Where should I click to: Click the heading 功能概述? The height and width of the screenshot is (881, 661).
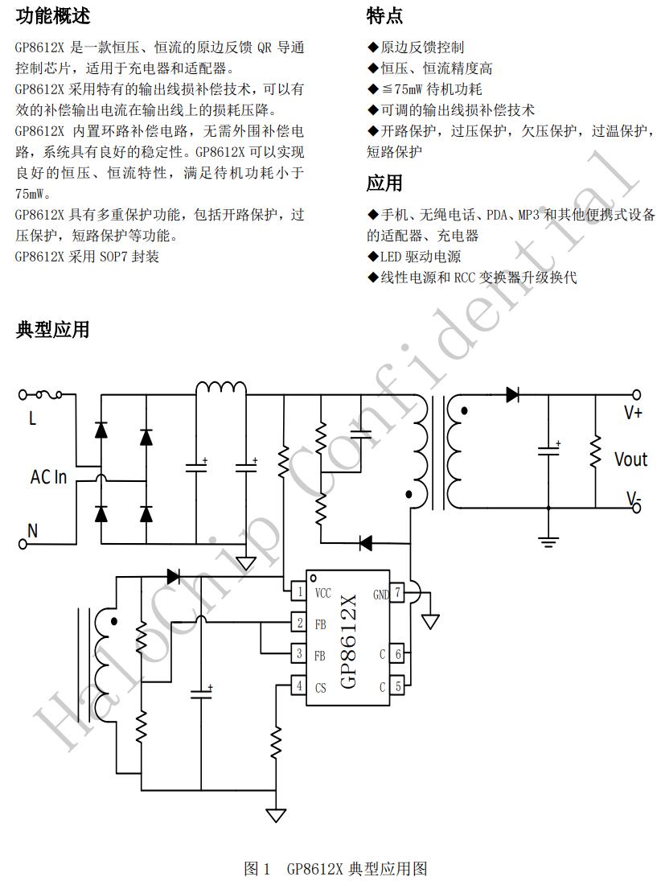coord(53,15)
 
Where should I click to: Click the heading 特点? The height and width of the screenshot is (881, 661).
coord(384,15)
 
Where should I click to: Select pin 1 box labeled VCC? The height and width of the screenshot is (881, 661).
coord(299,593)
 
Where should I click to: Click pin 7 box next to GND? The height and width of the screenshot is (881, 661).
coord(396,593)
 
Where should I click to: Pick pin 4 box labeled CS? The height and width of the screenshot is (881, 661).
coord(299,686)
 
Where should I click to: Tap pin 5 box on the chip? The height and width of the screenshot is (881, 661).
coord(396,686)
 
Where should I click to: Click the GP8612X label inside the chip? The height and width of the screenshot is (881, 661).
coord(348,641)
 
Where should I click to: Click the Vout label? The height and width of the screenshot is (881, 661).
coord(630,459)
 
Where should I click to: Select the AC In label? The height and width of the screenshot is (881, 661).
coord(48,477)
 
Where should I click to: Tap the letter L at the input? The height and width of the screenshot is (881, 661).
coord(33,418)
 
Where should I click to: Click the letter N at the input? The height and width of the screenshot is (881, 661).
coord(33,530)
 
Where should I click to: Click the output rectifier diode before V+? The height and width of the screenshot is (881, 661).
coord(512,394)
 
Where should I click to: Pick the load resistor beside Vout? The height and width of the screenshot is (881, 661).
coord(595,452)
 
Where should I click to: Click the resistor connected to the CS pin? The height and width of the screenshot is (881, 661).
coord(276,741)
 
